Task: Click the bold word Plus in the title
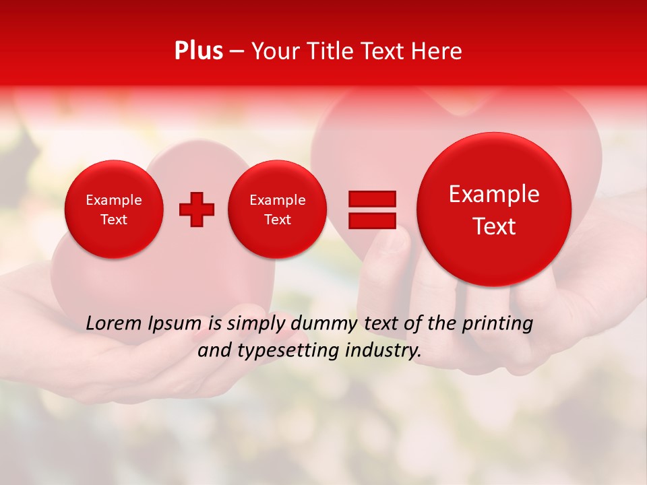[x=198, y=51]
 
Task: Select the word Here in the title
[x=437, y=51]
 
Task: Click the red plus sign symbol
[x=197, y=209]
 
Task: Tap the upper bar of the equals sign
[x=371, y=199]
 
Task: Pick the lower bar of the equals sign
[x=371, y=220]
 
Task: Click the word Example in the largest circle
[x=494, y=194]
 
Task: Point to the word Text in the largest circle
[x=494, y=226]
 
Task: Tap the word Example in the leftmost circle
[x=114, y=200]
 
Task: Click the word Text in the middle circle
[x=277, y=220]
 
